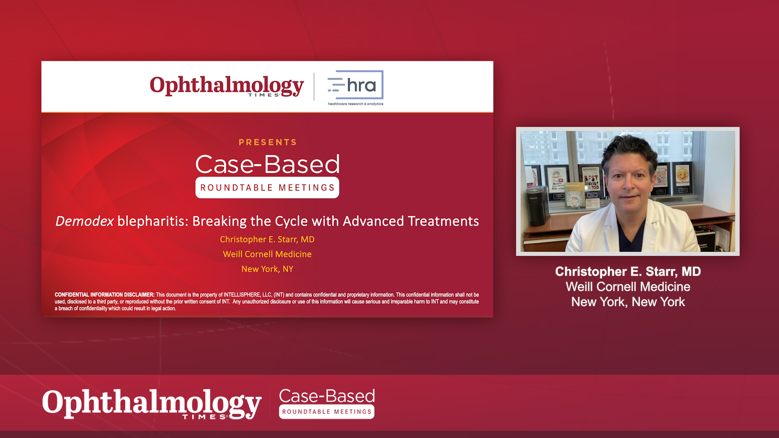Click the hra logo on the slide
[355, 85]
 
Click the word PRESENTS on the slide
[268, 142]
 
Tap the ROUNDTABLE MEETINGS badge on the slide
[267, 188]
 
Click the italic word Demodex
[84, 221]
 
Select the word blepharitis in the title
[153, 221]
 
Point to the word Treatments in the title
[443, 221]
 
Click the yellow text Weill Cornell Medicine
[267, 254]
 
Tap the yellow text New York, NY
[267, 269]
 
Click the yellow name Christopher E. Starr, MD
[267, 240]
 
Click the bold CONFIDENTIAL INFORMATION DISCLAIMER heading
[105, 295]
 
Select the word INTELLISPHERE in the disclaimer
[242, 295]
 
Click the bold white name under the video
[628, 272]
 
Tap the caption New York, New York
[628, 302]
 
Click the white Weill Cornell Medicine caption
[628, 287]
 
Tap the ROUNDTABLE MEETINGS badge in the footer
[327, 412]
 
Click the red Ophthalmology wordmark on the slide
[227, 86]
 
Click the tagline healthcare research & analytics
[355, 104]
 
